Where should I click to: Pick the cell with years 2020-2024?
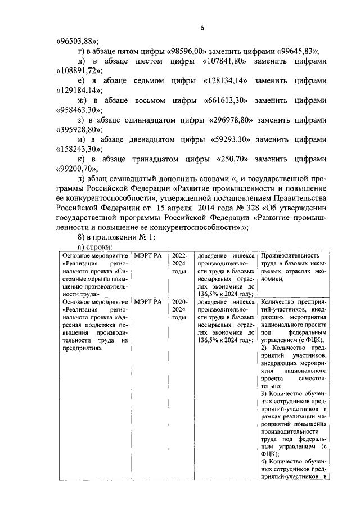pos(179,310)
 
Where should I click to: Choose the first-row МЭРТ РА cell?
pos(148,256)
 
